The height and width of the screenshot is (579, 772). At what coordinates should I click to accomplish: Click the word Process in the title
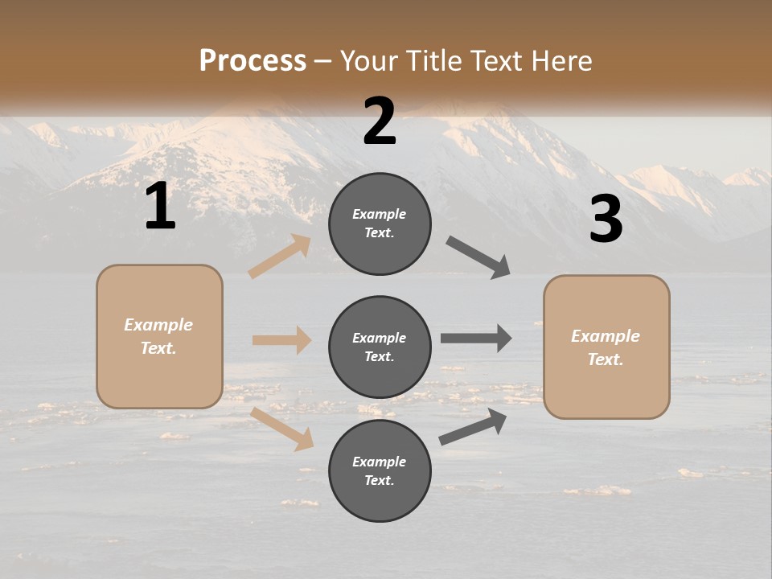pyautogui.click(x=253, y=60)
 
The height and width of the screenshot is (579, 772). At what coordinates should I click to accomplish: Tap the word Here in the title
pyautogui.click(x=558, y=60)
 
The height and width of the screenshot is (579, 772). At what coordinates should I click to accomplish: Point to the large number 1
pyautogui.click(x=160, y=207)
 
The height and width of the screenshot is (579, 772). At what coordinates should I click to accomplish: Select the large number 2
pyautogui.click(x=380, y=121)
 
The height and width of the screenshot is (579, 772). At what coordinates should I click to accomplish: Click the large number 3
pyautogui.click(x=606, y=219)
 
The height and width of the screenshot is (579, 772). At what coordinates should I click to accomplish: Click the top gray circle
pyautogui.click(x=380, y=224)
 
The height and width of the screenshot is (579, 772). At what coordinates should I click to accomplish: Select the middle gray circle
pyautogui.click(x=380, y=347)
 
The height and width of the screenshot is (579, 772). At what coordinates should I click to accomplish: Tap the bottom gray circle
pyautogui.click(x=380, y=470)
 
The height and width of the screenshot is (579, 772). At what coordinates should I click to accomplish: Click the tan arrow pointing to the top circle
pyautogui.click(x=280, y=257)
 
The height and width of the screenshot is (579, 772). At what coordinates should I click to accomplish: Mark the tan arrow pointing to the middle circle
pyautogui.click(x=281, y=340)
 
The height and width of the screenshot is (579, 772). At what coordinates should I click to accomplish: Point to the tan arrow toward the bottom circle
pyautogui.click(x=282, y=428)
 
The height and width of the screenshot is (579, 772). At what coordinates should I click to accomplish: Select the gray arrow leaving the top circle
pyautogui.click(x=478, y=257)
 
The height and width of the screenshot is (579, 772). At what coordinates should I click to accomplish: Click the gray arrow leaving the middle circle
pyautogui.click(x=476, y=338)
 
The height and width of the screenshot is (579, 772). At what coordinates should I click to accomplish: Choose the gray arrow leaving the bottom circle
pyautogui.click(x=473, y=427)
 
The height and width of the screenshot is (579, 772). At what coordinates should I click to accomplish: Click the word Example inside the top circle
pyautogui.click(x=380, y=214)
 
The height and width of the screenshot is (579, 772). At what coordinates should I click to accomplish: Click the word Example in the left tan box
pyautogui.click(x=158, y=325)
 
